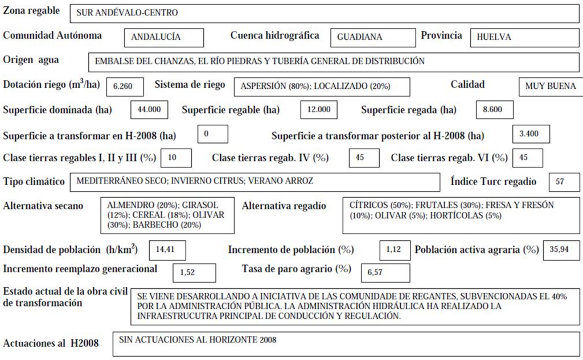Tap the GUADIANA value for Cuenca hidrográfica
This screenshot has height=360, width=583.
(360, 37)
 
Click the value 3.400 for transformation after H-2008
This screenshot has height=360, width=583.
(531, 134)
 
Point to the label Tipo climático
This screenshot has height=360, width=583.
(34, 182)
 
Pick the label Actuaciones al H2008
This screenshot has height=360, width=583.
(51, 343)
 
